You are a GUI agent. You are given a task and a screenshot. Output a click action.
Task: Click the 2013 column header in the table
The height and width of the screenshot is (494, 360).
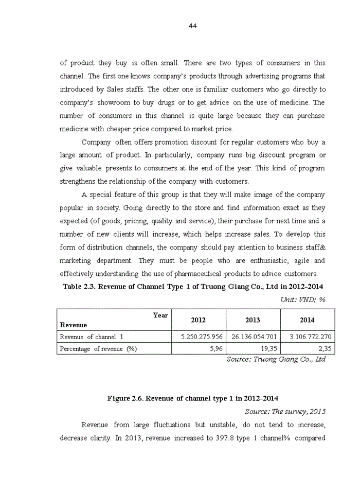pyautogui.click(x=253, y=320)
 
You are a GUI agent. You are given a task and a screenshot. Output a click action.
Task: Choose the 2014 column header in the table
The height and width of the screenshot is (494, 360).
pyautogui.click(x=307, y=320)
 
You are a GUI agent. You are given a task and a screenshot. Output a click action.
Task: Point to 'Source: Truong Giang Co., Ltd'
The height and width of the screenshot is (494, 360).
pyautogui.click(x=276, y=360)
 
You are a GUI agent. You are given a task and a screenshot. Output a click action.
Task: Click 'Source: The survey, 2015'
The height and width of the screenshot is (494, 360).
pyautogui.click(x=285, y=412)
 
